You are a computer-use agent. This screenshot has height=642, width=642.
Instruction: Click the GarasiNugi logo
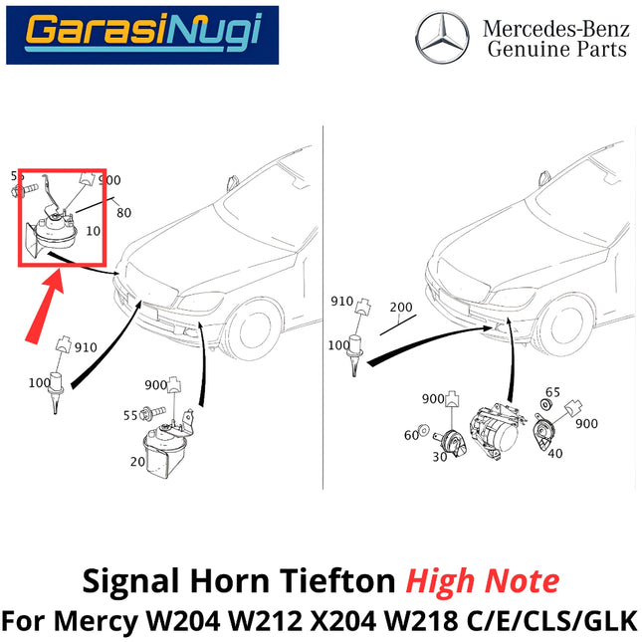click(142, 33)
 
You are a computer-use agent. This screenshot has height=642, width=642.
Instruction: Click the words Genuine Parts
click(556, 50)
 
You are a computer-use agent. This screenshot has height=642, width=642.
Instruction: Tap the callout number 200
click(400, 308)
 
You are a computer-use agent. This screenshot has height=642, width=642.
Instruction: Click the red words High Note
click(491, 581)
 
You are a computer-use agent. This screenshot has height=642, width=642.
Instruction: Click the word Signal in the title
click(119, 581)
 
